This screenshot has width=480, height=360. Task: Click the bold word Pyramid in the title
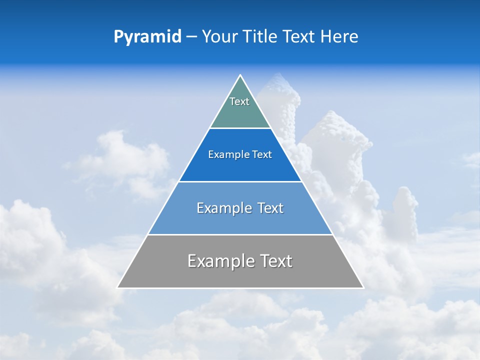tap(147, 37)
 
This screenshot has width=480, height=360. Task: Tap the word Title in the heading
tap(260, 37)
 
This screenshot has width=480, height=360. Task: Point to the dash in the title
tap(191, 37)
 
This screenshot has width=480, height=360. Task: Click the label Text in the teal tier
tap(239, 101)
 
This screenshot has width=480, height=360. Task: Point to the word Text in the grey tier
tap(275, 261)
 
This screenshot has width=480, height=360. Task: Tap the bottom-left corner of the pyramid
tap(118, 287)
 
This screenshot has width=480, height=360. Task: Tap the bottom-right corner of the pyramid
tap(363, 287)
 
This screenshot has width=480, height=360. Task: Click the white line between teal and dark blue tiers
tap(240, 128)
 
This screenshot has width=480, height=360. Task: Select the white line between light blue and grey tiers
tap(240, 234)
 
